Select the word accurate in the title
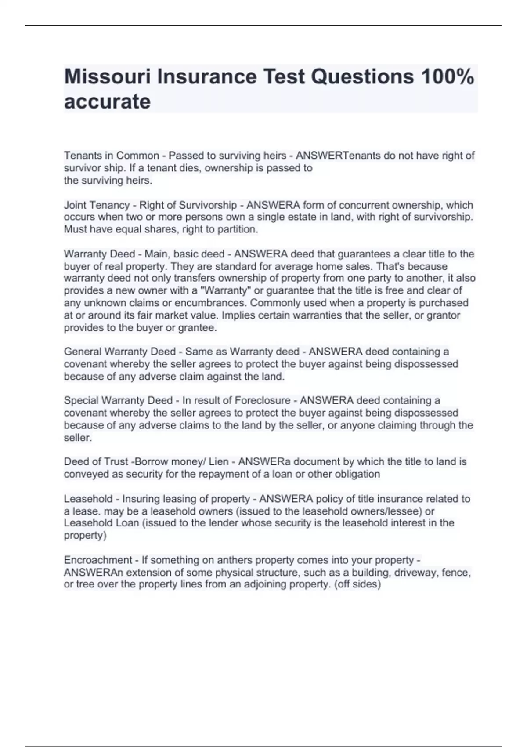click(x=107, y=102)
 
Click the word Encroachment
click(x=97, y=560)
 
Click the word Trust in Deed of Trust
click(x=116, y=461)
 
